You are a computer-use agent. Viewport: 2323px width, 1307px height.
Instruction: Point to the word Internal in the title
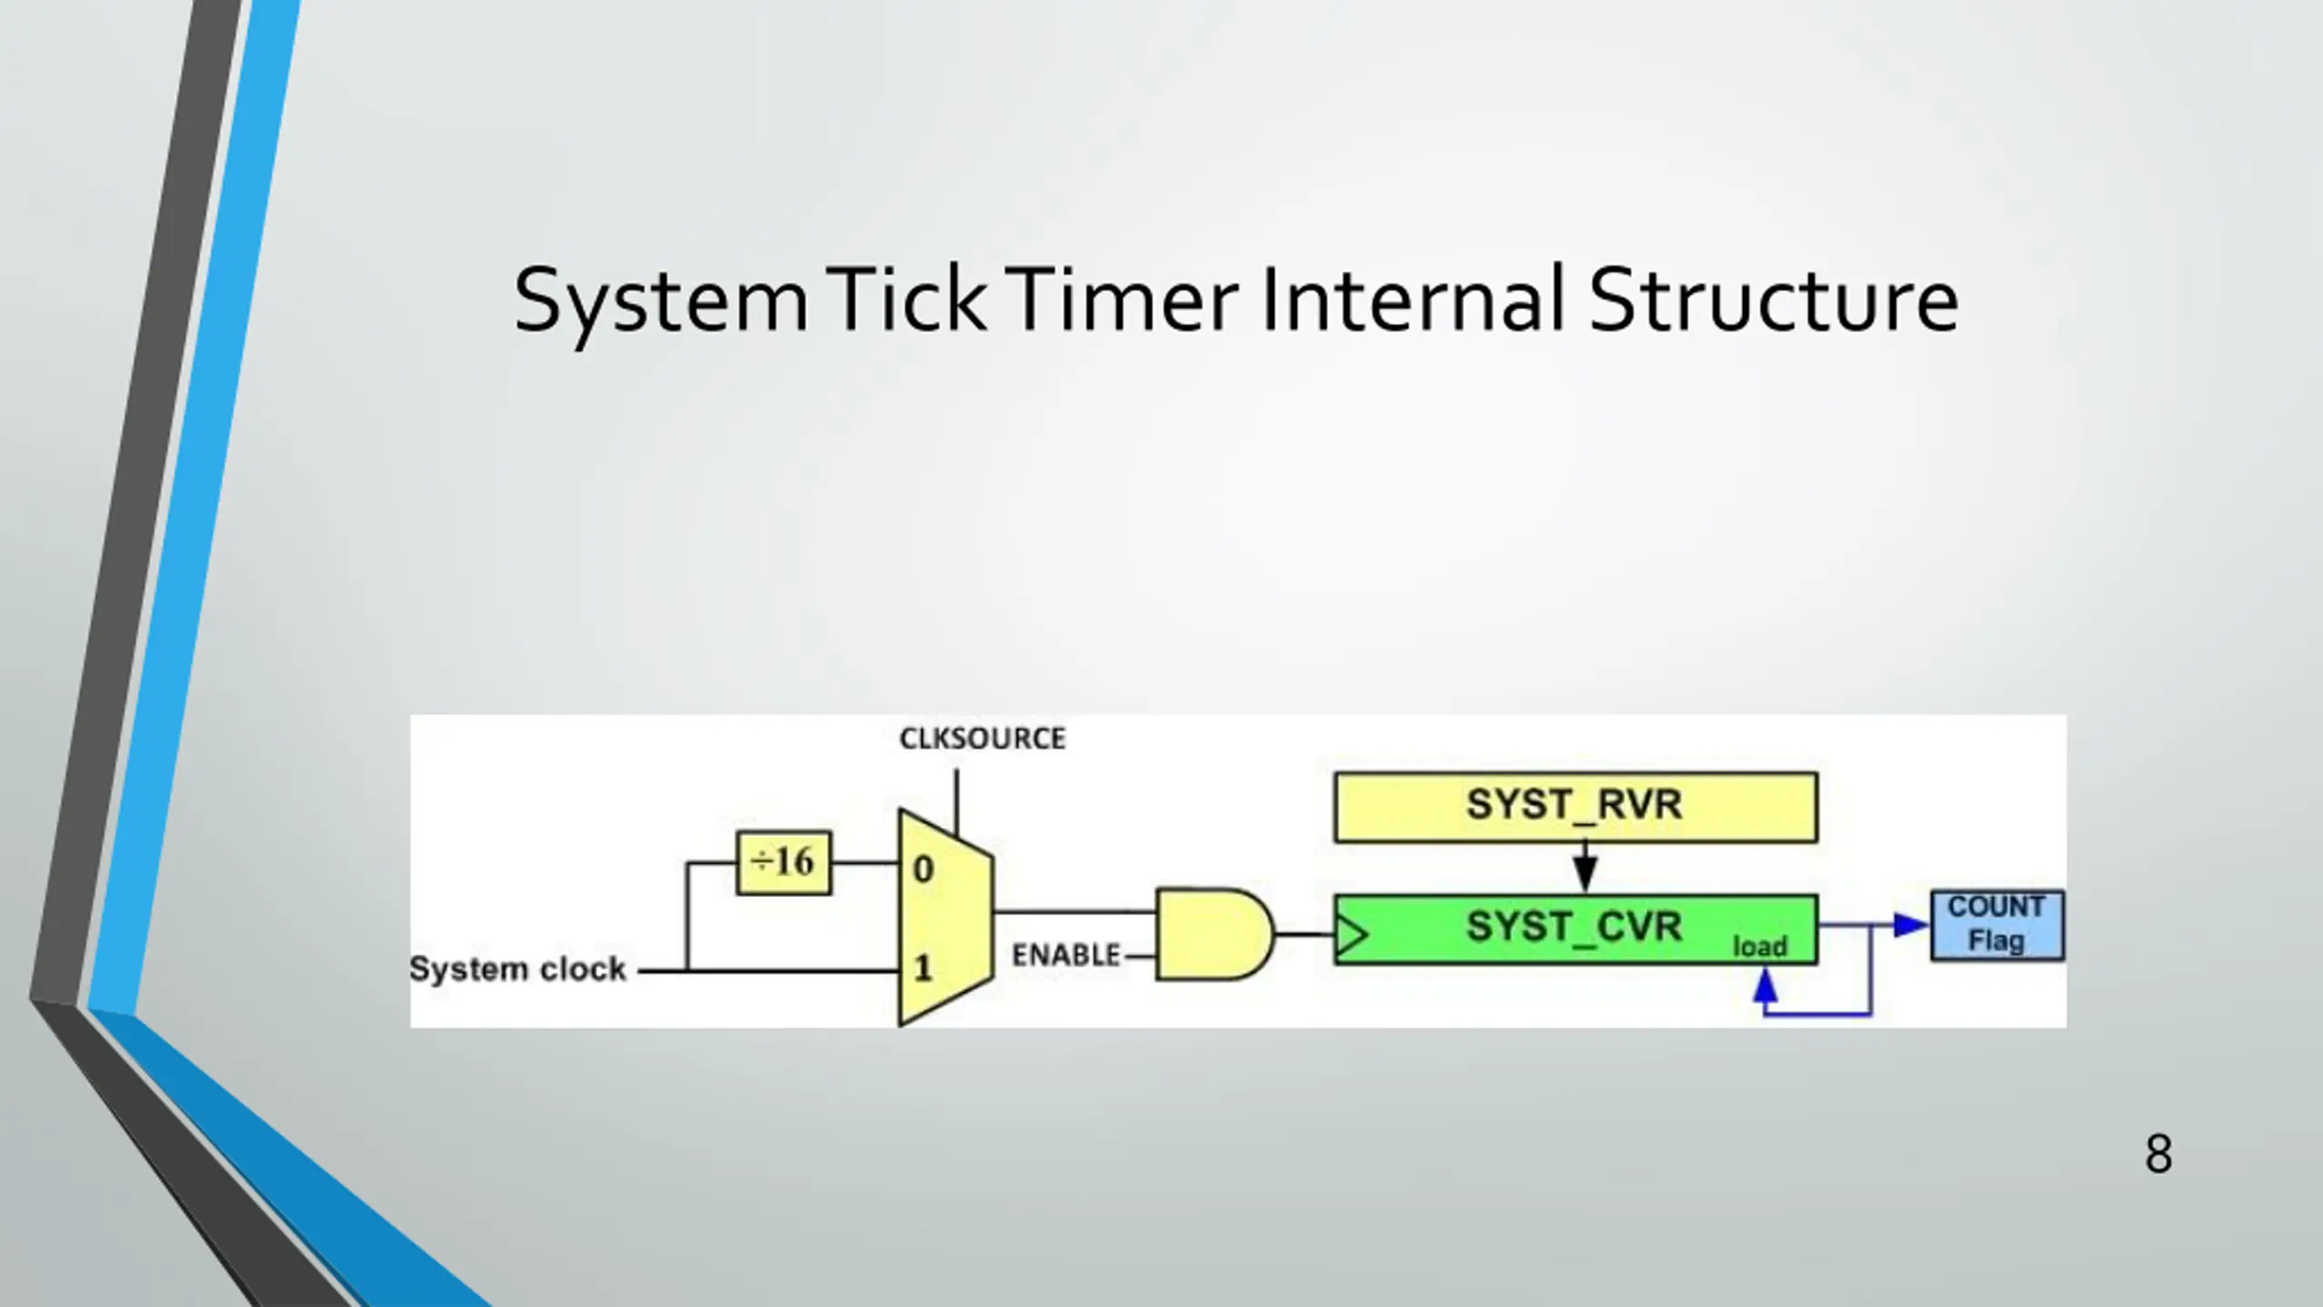click(1412, 300)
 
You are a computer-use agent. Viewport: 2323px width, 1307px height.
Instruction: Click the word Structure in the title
click(1773, 300)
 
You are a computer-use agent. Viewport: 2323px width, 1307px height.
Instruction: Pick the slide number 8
click(2158, 1155)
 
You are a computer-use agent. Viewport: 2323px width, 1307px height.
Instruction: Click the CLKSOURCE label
click(982, 739)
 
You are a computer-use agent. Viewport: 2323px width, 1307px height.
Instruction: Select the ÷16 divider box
click(783, 862)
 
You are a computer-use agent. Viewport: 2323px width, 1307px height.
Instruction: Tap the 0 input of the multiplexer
click(923, 870)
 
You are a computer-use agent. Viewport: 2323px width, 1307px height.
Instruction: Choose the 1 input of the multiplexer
click(923, 968)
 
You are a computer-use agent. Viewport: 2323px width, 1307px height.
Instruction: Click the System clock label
click(517, 969)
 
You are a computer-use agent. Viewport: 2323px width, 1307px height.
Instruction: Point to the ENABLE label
click(1065, 955)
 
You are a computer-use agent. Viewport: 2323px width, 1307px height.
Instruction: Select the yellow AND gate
click(1211, 934)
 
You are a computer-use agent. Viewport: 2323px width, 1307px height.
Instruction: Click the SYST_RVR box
click(1575, 807)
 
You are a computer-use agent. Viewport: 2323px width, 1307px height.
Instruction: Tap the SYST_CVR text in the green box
click(1573, 927)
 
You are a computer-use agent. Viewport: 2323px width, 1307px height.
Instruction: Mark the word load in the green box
click(1759, 947)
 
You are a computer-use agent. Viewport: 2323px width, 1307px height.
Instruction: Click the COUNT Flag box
click(1996, 926)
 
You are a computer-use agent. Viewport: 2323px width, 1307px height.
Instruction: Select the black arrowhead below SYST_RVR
click(1584, 874)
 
